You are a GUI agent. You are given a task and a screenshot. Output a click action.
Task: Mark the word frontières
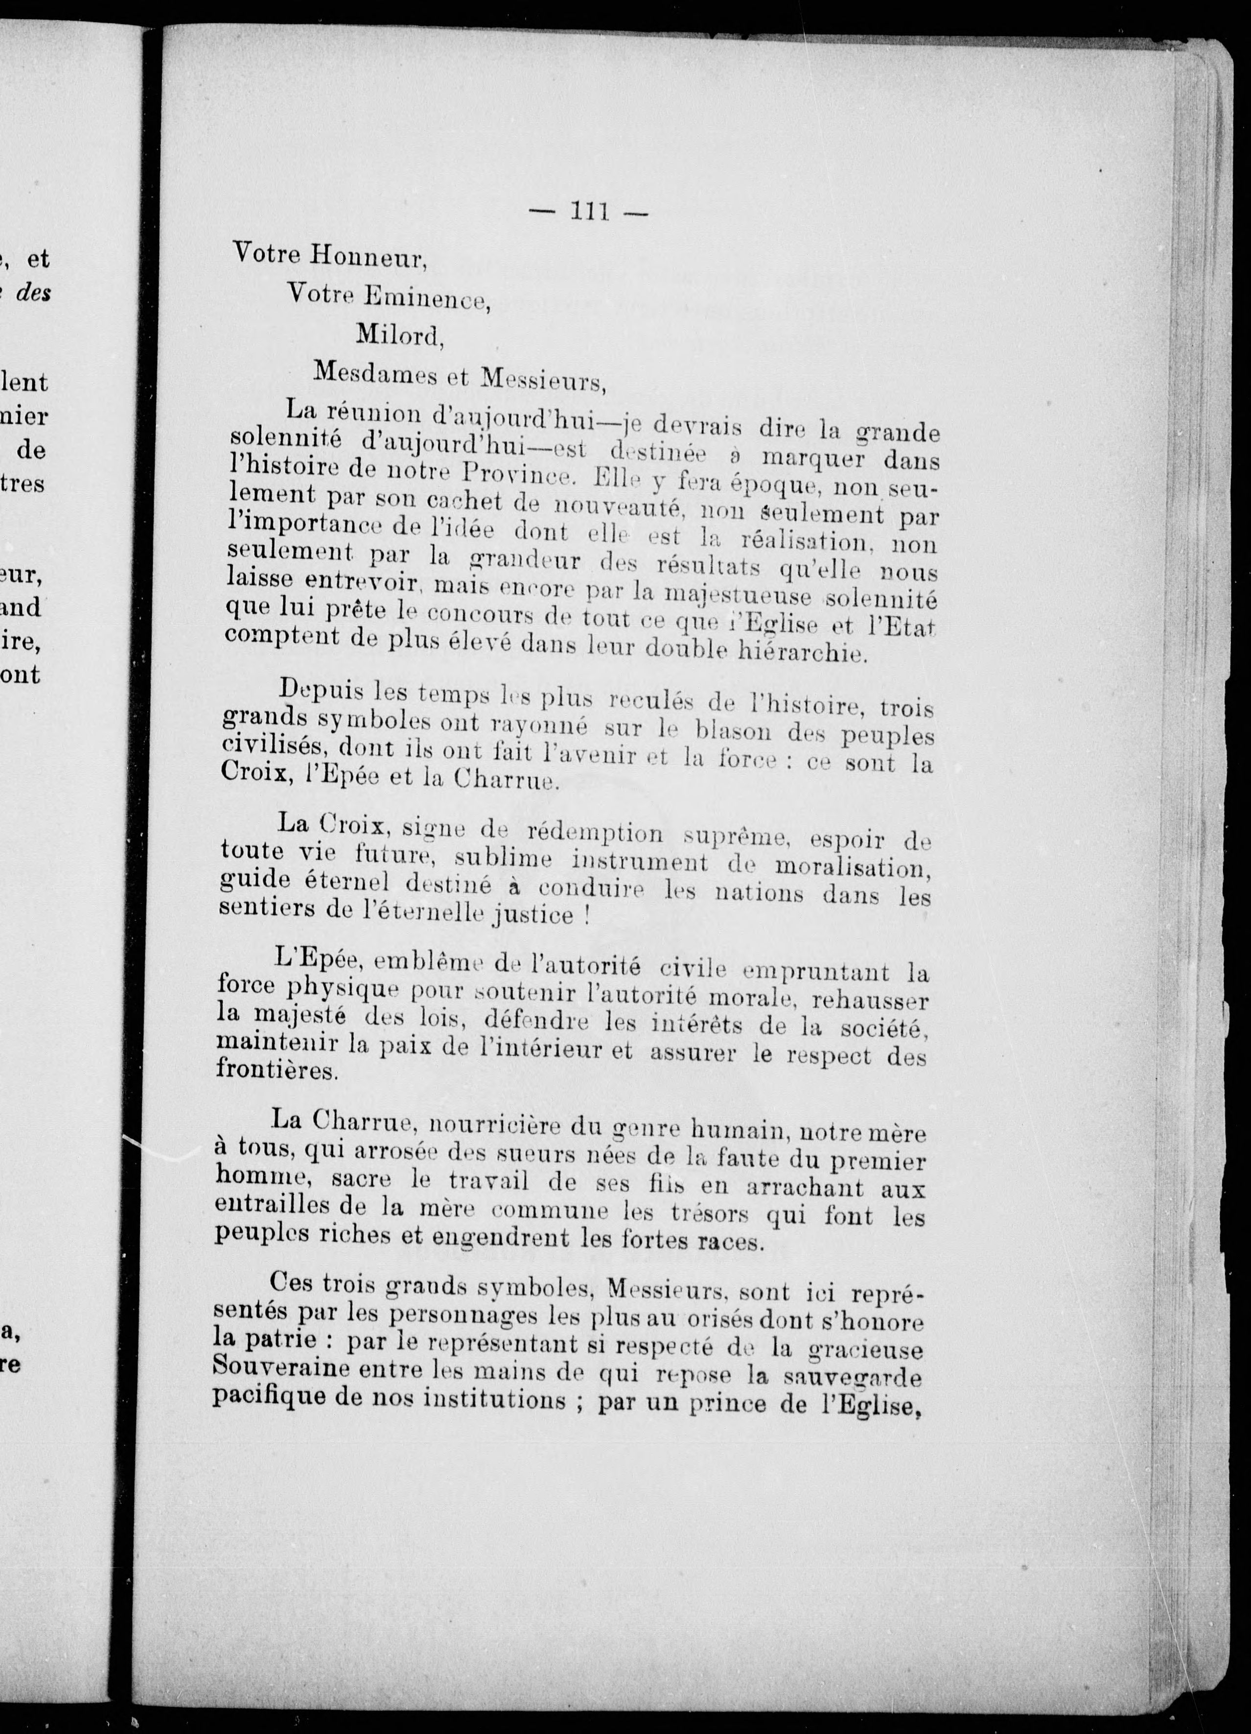click(x=265, y=1071)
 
